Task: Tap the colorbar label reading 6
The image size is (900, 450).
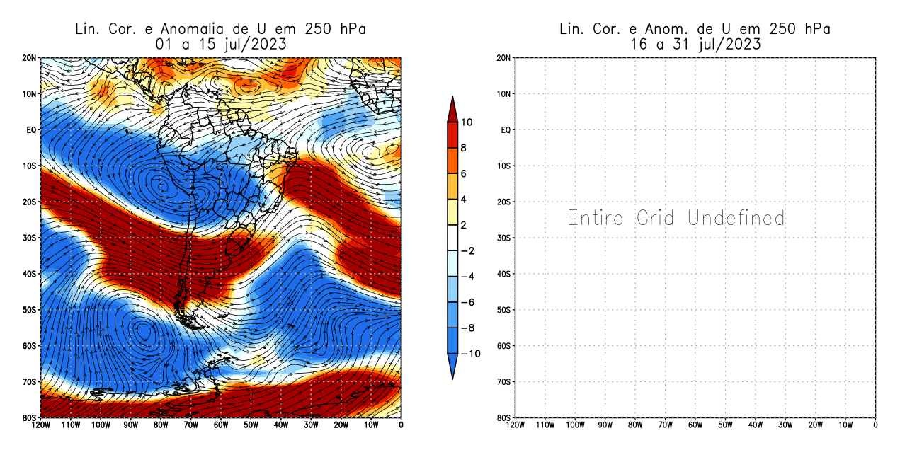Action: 465,173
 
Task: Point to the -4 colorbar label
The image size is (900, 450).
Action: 467,277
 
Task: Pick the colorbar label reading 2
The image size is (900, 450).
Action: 465,225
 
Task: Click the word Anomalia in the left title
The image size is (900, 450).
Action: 194,29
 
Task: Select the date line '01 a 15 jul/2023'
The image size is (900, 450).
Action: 220,44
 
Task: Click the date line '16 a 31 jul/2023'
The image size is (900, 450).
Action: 695,44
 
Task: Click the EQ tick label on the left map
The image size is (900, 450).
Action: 31,130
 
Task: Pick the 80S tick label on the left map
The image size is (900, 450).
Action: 30,417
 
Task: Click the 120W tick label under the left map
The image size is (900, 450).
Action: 40,425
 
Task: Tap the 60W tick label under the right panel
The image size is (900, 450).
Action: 695,425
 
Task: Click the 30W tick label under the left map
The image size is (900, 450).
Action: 311,425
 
